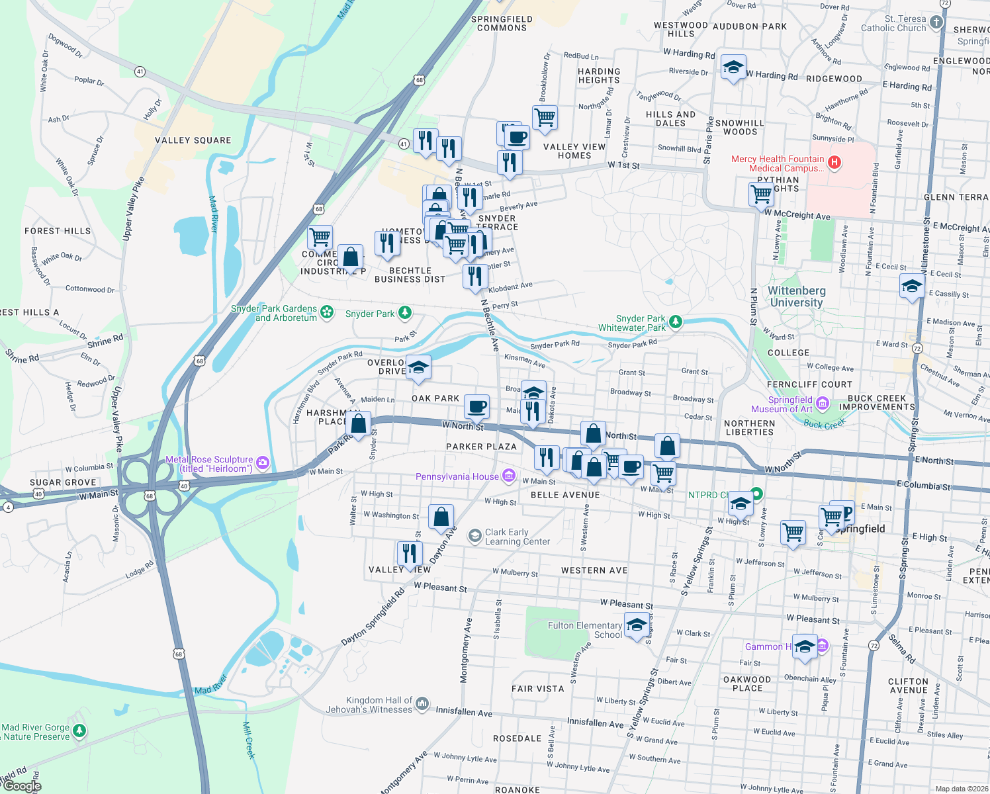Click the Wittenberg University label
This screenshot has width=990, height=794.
click(796, 296)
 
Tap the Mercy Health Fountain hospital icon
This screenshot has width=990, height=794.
click(834, 162)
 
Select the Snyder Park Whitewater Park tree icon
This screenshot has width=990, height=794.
click(675, 322)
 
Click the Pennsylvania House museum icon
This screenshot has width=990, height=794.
click(509, 475)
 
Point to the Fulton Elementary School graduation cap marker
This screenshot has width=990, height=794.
click(637, 625)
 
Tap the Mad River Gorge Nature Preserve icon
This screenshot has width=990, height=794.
click(79, 731)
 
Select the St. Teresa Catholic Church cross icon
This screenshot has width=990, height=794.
click(936, 22)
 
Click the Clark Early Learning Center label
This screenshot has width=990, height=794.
click(517, 537)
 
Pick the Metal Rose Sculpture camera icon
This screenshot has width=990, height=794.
click(263, 463)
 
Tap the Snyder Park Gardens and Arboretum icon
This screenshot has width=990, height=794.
click(327, 312)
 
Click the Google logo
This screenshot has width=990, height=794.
click(22, 786)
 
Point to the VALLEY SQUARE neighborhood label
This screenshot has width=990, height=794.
click(193, 140)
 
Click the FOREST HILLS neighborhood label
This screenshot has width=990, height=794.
click(58, 231)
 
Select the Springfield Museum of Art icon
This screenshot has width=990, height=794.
click(823, 403)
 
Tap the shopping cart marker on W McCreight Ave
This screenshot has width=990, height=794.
click(762, 195)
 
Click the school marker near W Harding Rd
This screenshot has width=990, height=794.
click(733, 67)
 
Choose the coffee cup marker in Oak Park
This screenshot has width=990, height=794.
click(476, 407)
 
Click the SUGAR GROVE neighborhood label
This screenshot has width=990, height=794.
click(63, 482)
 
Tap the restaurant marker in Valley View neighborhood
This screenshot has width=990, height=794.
click(410, 553)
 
